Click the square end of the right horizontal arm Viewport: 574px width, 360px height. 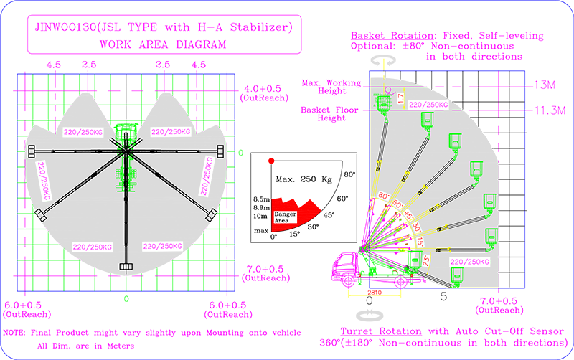[220, 151]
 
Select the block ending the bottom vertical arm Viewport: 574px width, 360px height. [126, 267]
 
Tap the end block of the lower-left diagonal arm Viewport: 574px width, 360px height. [41, 214]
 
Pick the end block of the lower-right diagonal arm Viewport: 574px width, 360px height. [212, 214]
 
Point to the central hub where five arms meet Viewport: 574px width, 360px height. [126, 151]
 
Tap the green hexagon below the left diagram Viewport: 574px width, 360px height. [126, 305]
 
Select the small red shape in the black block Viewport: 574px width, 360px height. [268, 161]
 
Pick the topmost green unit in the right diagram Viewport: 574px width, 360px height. [385, 102]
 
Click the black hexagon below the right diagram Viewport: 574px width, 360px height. [443, 303]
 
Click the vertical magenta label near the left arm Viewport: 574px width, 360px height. [44, 180]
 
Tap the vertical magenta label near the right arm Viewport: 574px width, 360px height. [207, 176]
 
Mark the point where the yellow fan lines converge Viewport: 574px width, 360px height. [364, 251]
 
